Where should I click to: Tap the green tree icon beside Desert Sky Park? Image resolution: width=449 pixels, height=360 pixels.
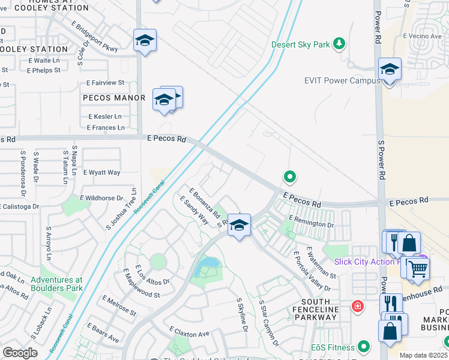pos(340,44)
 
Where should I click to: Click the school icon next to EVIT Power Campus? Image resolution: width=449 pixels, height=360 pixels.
pos(390,70)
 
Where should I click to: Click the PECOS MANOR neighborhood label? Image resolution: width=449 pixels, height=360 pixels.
pos(114,98)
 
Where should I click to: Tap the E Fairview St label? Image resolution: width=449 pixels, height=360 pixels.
pos(105,83)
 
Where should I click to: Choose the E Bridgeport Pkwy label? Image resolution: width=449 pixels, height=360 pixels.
pos(94,37)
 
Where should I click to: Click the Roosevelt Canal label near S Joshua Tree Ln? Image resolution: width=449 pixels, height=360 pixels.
pos(149,197)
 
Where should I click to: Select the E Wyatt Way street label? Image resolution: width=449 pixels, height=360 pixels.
pos(101,172)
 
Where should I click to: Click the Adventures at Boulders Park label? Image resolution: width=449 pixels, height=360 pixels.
pos(56,284)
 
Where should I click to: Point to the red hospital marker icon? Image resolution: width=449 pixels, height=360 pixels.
pos(358,307)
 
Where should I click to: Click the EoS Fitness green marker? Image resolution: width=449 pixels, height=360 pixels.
pos(363,346)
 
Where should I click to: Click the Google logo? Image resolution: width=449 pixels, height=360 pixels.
pos(20,353)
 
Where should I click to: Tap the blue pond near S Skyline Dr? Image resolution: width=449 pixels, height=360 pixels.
pos(210,263)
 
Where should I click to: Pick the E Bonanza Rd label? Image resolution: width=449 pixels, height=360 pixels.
pos(205,204)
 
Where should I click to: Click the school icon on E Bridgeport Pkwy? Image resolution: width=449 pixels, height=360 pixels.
pos(145,40)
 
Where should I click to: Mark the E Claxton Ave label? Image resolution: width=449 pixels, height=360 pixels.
pos(188,332)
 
